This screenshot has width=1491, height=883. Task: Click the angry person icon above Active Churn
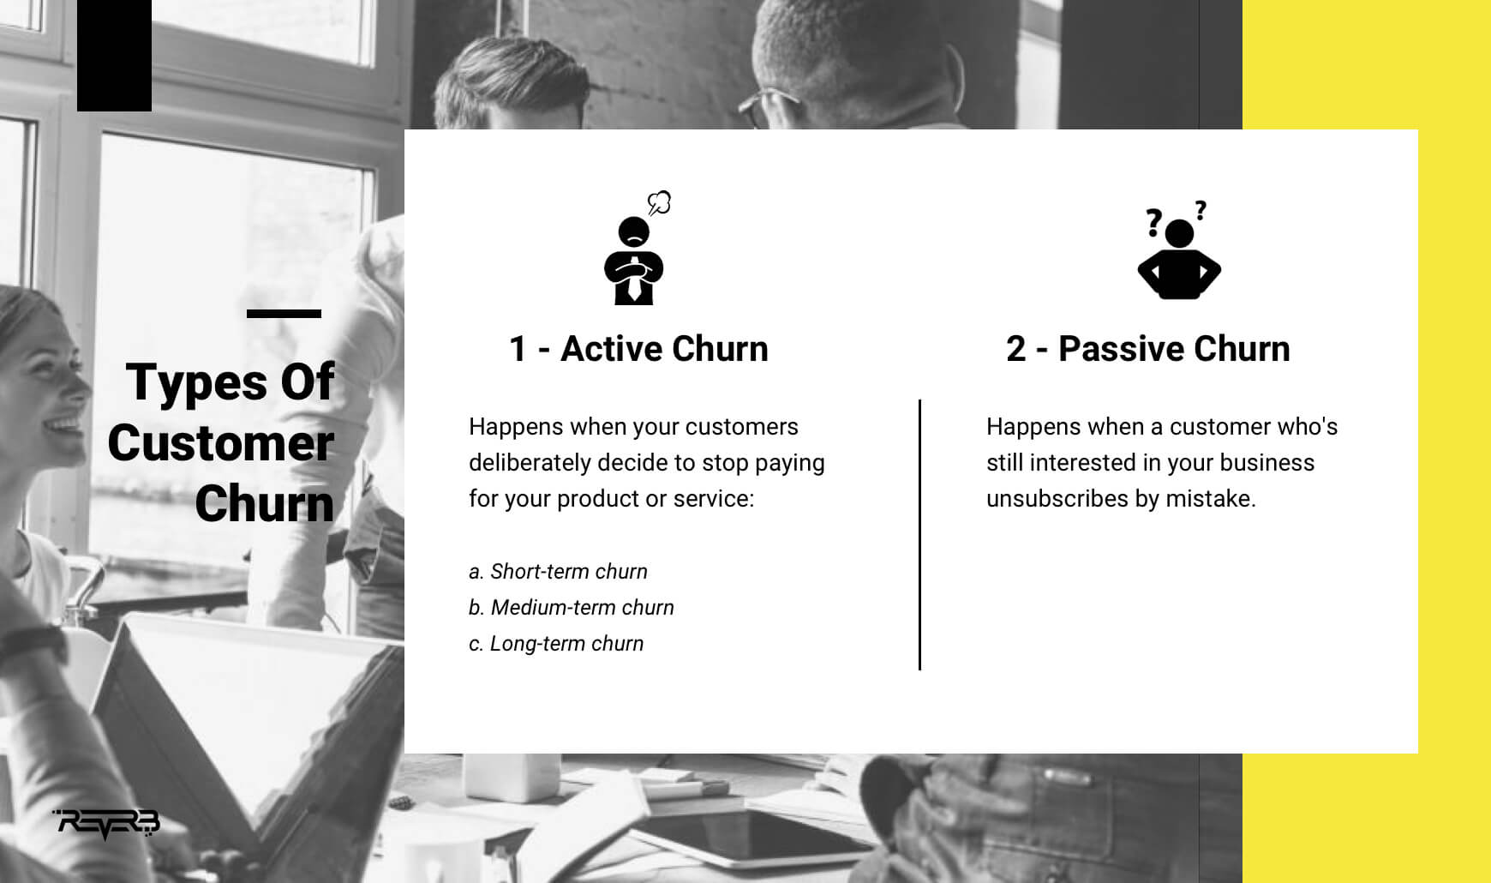634,261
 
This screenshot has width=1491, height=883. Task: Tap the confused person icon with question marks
1179,250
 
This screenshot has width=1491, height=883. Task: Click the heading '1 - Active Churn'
638,349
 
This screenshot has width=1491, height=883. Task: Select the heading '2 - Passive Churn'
1148,349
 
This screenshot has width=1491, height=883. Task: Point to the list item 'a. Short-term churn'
558,572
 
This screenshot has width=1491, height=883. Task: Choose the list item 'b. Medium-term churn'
572,608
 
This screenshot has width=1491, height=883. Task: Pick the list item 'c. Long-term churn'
556,644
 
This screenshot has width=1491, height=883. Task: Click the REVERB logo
107,824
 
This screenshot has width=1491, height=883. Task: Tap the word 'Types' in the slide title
196,382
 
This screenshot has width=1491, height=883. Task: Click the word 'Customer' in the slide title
220,443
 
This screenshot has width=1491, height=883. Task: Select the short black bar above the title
284,314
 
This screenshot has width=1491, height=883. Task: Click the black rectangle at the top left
114,56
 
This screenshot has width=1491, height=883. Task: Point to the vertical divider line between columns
919,535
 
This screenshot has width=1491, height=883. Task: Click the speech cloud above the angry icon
659,203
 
